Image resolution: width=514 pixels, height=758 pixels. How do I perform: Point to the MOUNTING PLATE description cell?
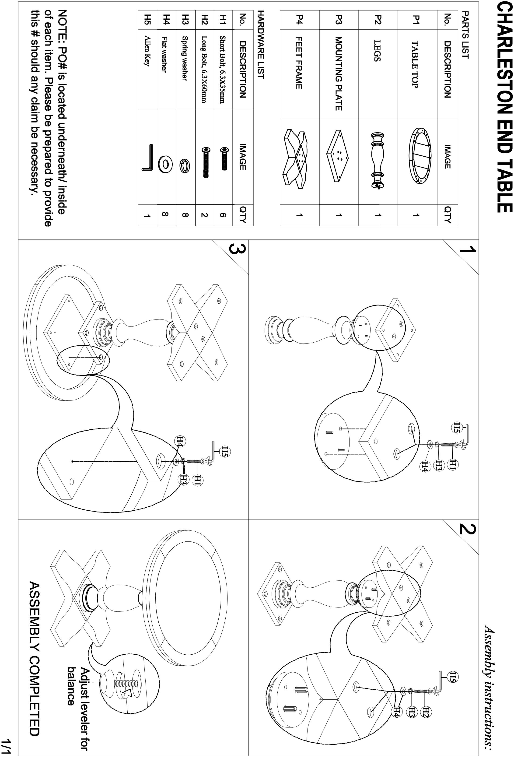point(339,73)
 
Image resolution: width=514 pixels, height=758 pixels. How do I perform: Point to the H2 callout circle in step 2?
point(425,710)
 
